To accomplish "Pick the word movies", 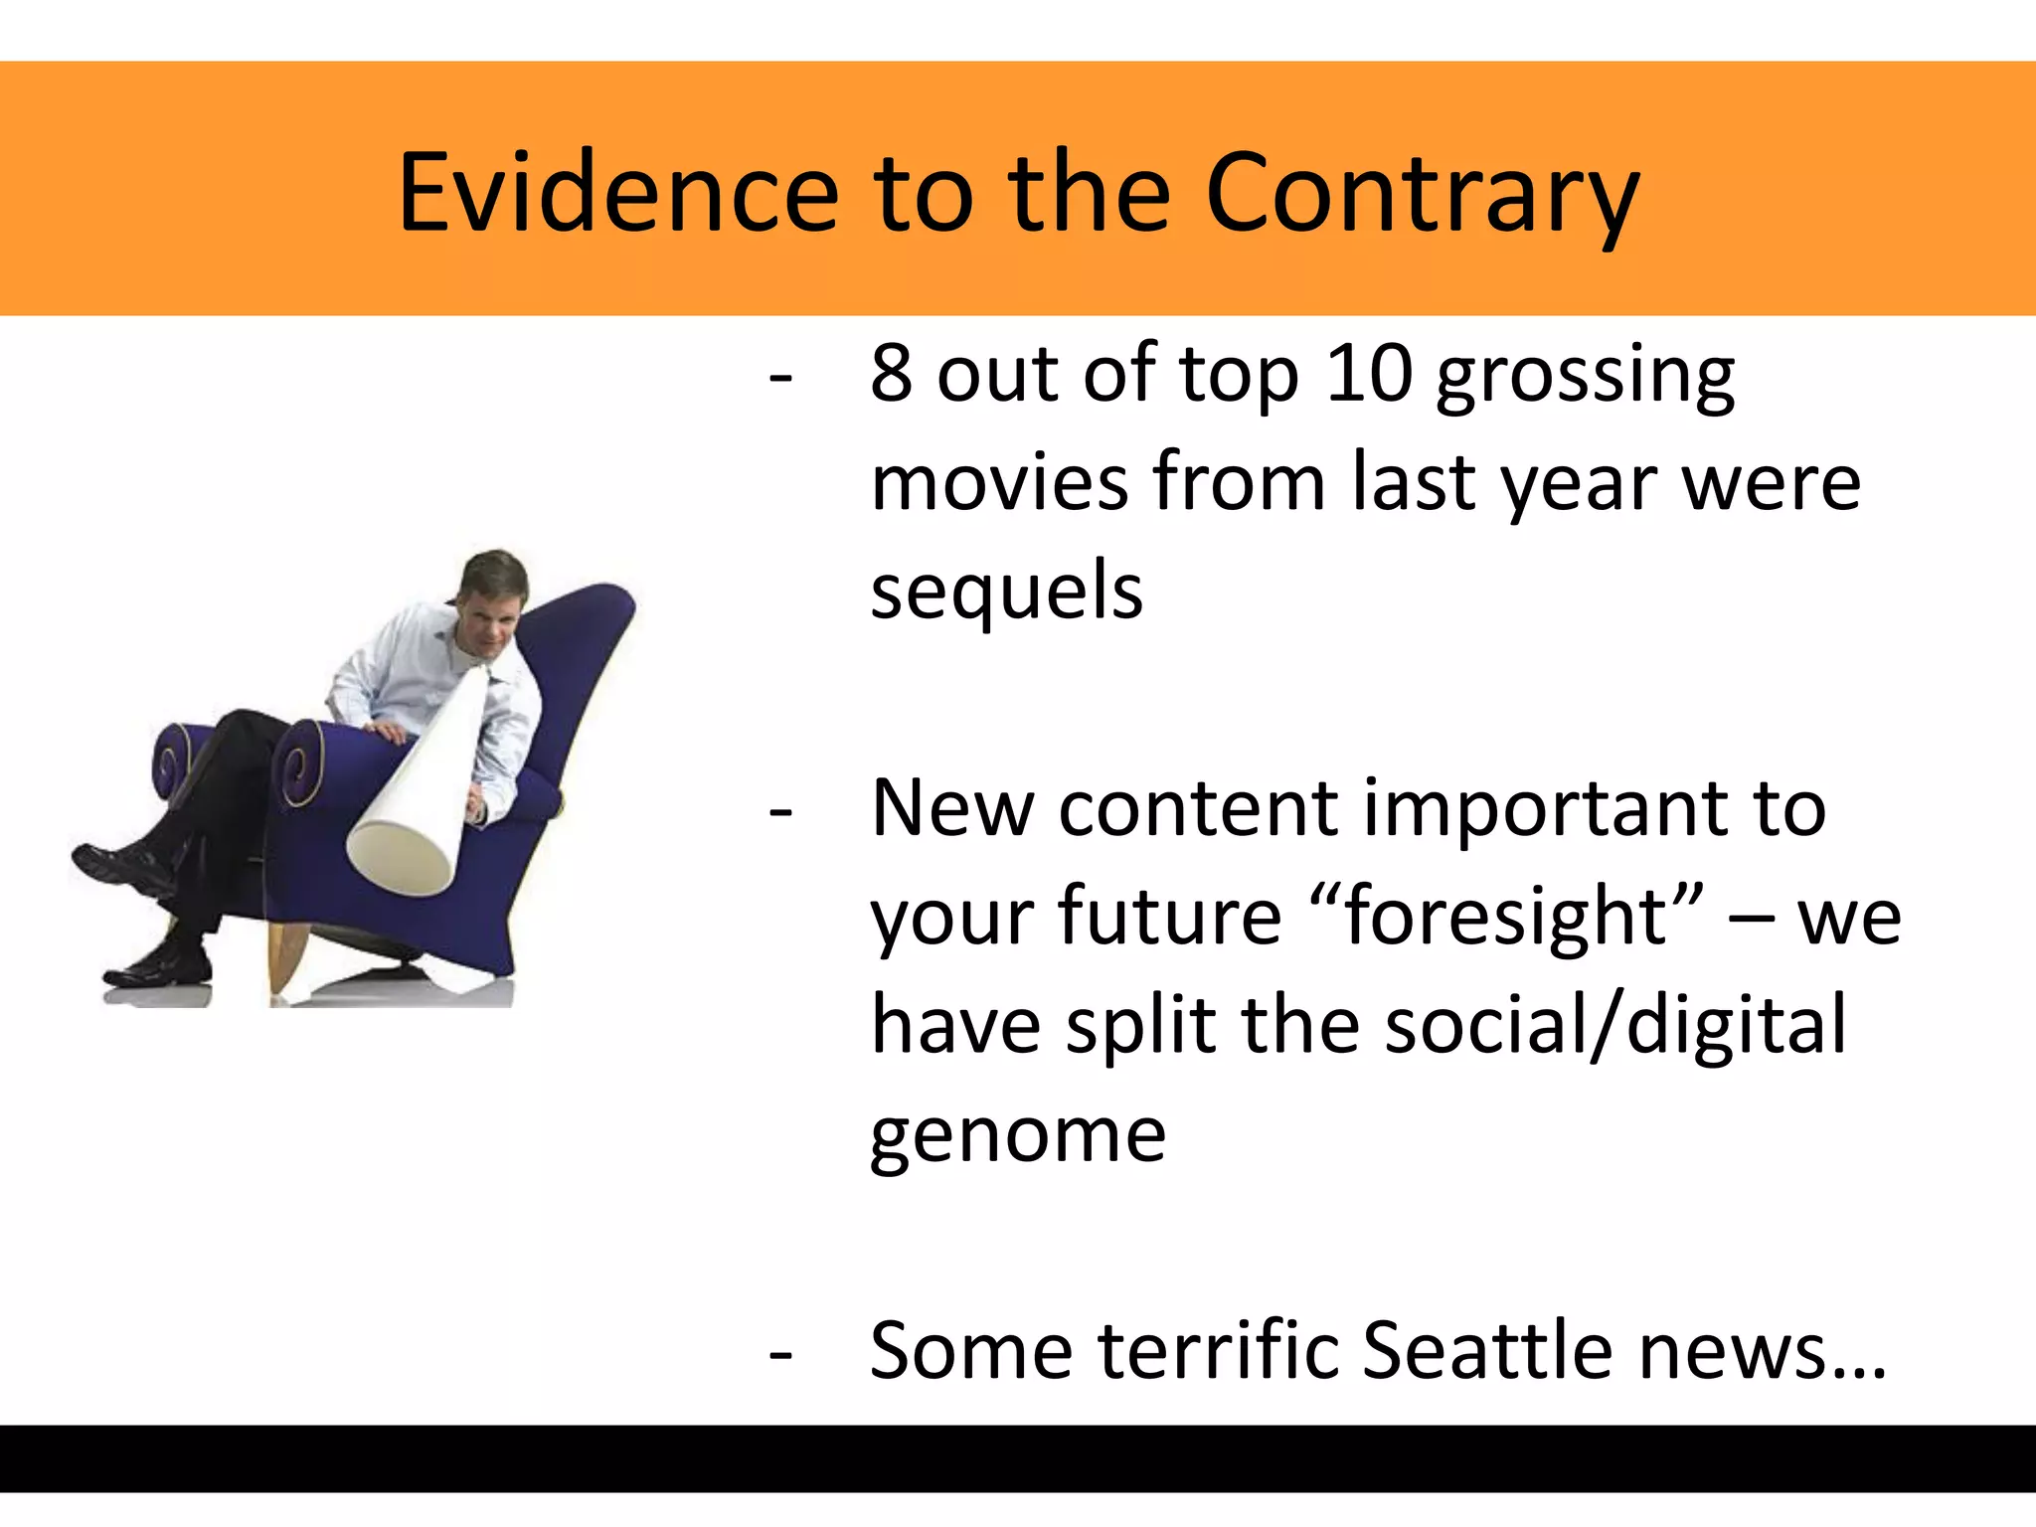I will [999, 483].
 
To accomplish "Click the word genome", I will [1018, 1135].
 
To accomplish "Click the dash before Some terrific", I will [781, 1354].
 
